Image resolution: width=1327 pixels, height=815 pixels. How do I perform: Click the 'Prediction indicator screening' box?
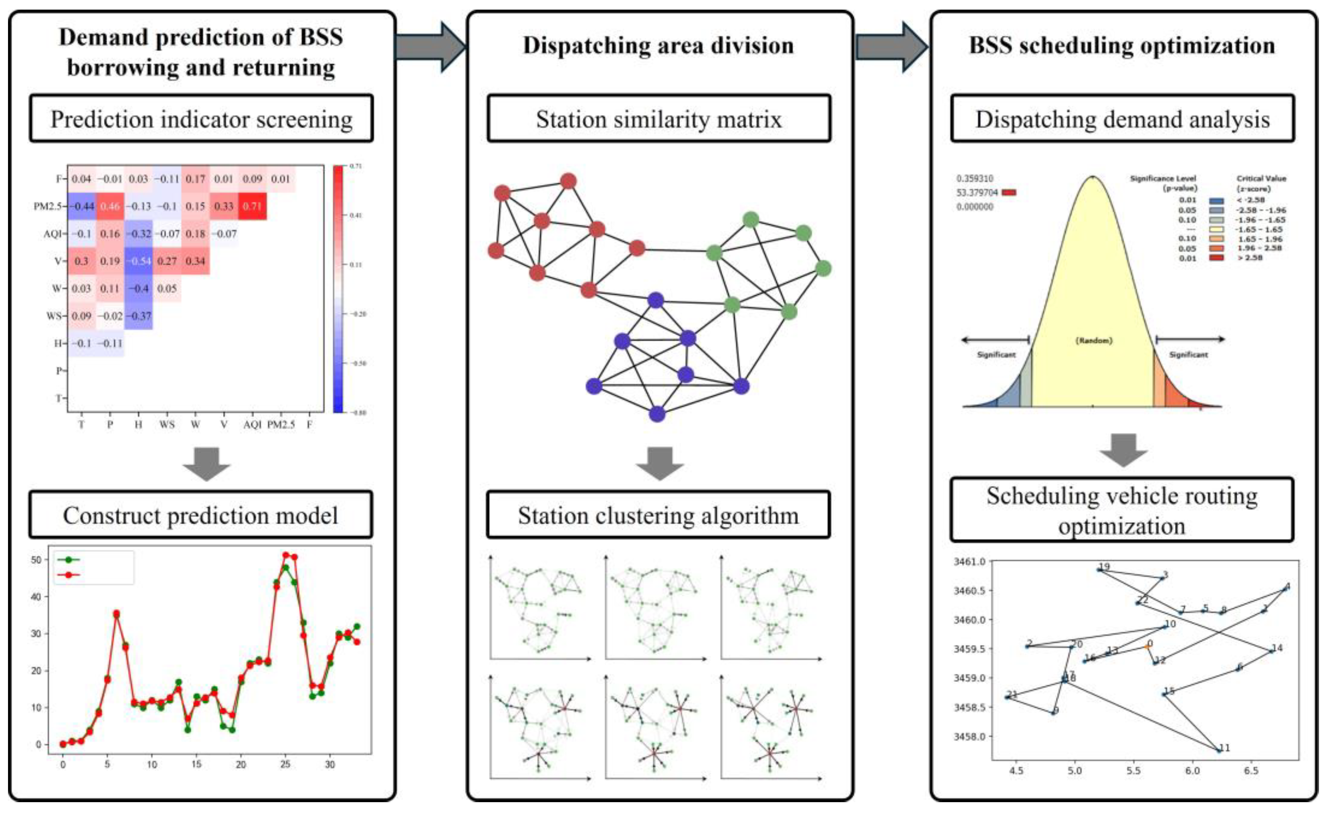pyautogui.click(x=201, y=119)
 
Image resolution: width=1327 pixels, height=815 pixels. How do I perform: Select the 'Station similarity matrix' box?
pyautogui.click(x=658, y=119)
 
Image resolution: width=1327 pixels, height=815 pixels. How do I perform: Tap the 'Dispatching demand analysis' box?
pyautogui.click(x=1122, y=119)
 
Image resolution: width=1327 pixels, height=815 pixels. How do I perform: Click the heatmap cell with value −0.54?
pyautogui.click(x=138, y=261)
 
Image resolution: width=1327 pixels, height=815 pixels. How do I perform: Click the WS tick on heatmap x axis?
pyautogui.click(x=167, y=425)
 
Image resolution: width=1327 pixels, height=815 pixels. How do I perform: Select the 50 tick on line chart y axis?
pyautogui.click(x=36, y=560)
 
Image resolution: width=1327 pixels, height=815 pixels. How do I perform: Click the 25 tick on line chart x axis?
pyautogui.click(x=285, y=764)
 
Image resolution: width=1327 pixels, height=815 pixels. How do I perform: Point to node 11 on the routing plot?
pyautogui.click(x=1219, y=750)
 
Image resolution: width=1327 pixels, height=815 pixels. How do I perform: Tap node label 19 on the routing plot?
pyautogui.click(x=1104, y=566)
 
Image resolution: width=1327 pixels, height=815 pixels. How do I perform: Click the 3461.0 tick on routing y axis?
pyautogui.click(x=969, y=562)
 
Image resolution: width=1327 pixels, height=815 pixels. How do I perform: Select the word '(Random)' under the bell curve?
pyautogui.click(x=1094, y=341)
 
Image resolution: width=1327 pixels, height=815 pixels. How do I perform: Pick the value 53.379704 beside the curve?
pyautogui.click(x=977, y=193)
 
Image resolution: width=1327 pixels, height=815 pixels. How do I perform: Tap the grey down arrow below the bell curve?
pyautogui.click(x=1123, y=450)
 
